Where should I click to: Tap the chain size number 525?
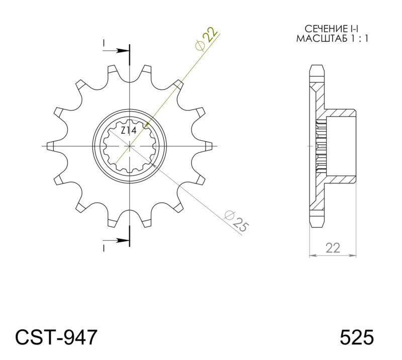click(356, 336)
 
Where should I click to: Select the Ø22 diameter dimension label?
click(207, 39)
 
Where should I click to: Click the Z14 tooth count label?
click(129, 130)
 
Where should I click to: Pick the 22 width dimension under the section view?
click(333, 247)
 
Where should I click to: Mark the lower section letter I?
click(104, 248)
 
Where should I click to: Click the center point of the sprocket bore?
click(130, 146)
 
